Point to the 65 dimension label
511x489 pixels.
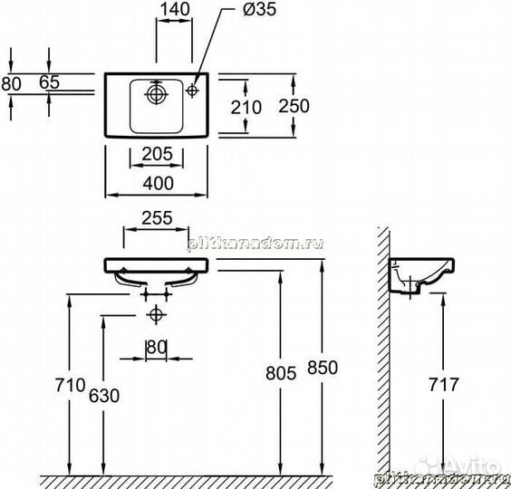pos(49,82)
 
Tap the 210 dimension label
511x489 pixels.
pos(246,107)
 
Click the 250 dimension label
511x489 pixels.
pos(294,106)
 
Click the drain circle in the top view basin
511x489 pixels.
pos(157,93)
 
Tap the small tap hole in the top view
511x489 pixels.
pos(193,92)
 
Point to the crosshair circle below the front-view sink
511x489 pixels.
pos(157,314)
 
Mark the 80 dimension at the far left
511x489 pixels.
pos(10,82)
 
